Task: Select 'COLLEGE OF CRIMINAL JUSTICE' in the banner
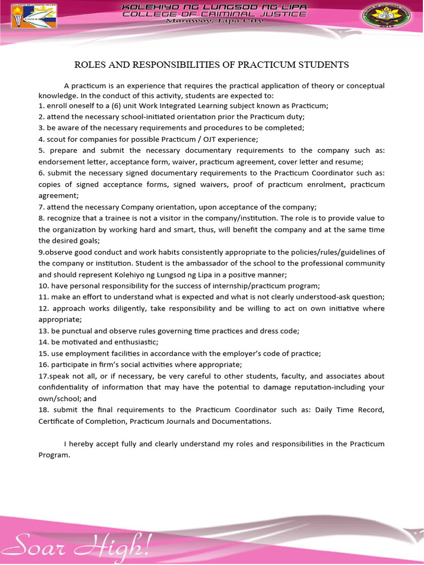click(214, 13)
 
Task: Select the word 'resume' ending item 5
click(348, 162)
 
